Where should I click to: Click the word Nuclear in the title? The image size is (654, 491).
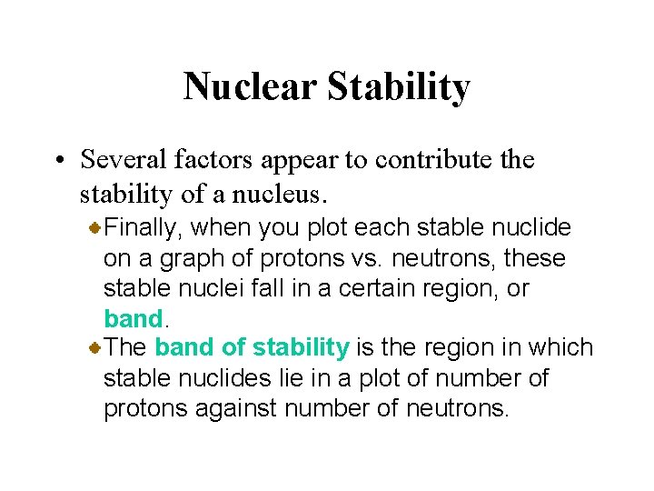(x=249, y=87)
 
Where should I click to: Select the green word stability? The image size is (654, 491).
(x=301, y=347)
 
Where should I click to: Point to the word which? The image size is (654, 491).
(x=564, y=347)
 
